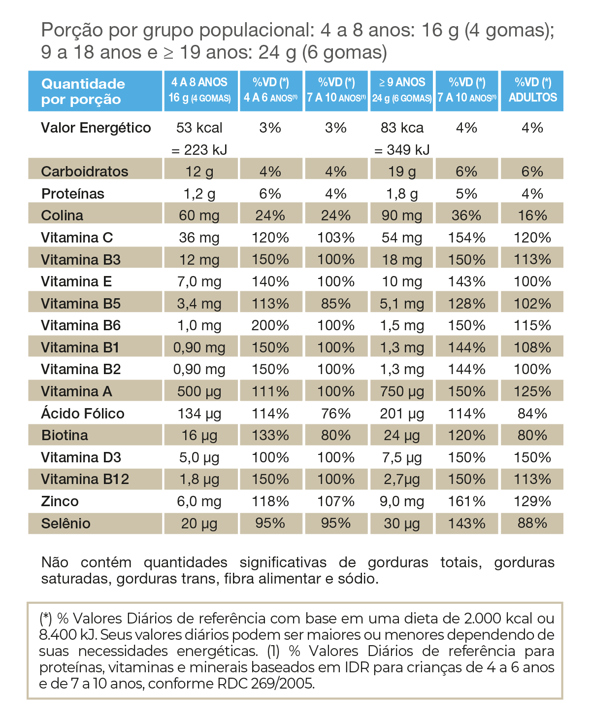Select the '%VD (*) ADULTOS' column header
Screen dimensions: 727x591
[532, 90]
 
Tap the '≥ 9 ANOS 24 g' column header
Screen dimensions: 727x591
[402, 90]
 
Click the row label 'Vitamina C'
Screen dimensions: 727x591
[77, 238]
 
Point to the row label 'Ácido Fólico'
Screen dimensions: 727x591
[83, 413]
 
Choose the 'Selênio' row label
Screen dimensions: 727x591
[66, 523]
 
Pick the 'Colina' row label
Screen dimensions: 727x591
[62, 215]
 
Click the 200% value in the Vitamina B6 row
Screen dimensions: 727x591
[270, 325]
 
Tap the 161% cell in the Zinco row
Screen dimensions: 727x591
[467, 501]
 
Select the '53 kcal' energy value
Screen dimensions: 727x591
[199, 128]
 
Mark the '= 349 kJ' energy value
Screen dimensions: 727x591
[402, 150]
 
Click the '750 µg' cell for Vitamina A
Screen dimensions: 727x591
[402, 391]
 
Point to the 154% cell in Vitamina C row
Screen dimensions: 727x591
[467, 238]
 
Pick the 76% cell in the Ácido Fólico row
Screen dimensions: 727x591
[336, 413]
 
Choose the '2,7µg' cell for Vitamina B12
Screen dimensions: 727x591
[402, 479]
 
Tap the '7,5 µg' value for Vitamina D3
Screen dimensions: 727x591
[402, 457]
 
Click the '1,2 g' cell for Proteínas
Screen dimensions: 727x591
[199, 194]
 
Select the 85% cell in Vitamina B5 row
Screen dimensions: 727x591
[336, 304]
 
